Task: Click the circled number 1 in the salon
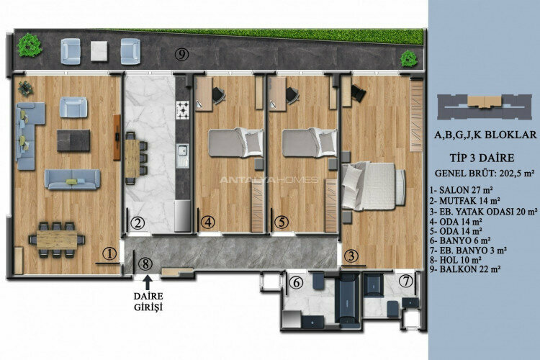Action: pyautogui.click(x=109, y=253)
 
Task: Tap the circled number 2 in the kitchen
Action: pyautogui.click(x=137, y=222)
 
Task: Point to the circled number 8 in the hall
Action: pyautogui.click(x=146, y=264)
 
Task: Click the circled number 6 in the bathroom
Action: pyautogui.click(x=297, y=284)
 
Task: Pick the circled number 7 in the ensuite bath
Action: pyautogui.click(x=408, y=281)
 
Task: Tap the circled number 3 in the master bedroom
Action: pyautogui.click(x=351, y=255)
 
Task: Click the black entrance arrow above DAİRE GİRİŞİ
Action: pyautogui.click(x=147, y=282)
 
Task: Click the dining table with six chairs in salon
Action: pyautogui.click(x=56, y=238)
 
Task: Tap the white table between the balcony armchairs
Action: pyautogui.click(x=99, y=49)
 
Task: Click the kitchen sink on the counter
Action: pyautogui.click(x=183, y=150)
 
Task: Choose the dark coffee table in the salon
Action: pyautogui.click(x=73, y=140)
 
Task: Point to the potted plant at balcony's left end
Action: pyautogui.click(x=29, y=46)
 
